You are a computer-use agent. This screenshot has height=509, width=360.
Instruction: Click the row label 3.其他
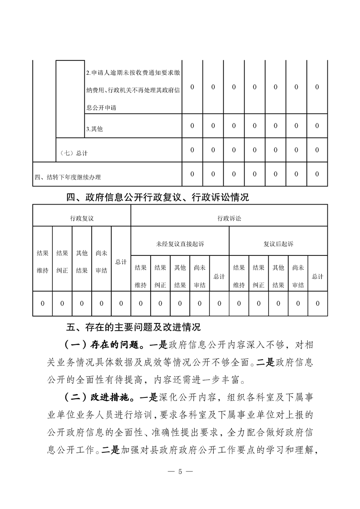tap(94, 129)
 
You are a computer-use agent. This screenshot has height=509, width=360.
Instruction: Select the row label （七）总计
tap(74, 153)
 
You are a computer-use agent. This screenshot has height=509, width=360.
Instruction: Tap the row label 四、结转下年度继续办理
tap(68, 177)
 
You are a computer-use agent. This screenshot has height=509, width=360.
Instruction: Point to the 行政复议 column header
tap(82, 218)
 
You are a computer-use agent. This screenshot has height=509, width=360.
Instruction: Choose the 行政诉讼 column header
tap(229, 218)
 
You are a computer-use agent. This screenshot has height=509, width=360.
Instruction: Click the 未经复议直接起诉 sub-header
tap(180, 244)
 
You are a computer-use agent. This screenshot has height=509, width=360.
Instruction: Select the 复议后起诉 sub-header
tap(278, 244)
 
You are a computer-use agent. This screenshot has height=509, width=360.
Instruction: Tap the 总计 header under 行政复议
tap(121, 262)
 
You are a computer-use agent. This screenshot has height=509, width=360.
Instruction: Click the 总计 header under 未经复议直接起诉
tap(219, 276)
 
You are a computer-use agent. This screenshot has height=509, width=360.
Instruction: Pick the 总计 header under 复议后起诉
tap(318, 276)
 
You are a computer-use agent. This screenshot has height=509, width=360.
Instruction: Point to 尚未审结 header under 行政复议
tap(101, 262)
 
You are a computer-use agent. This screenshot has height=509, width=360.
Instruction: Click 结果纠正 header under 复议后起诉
tap(259, 276)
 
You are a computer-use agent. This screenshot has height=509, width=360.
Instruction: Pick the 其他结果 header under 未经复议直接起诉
tap(180, 276)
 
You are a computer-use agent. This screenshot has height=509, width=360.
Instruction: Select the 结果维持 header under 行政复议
tap(42, 262)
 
